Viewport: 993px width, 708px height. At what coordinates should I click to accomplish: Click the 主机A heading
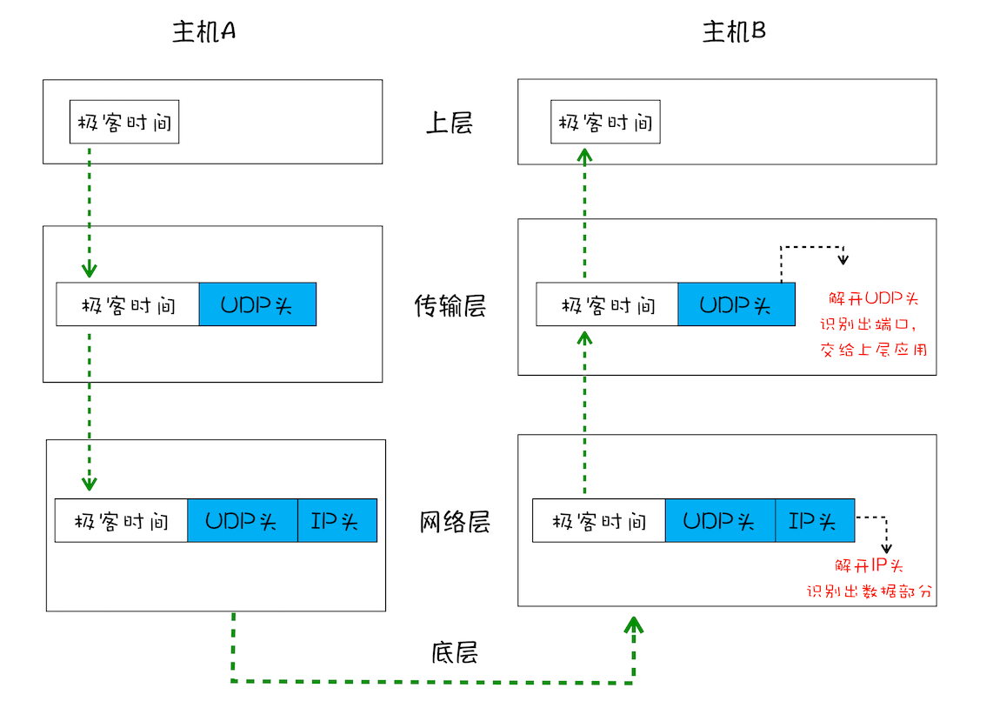[205, 31]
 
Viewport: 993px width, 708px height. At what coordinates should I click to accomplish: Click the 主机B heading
[734, 31]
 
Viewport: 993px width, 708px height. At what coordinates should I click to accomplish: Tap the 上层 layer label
[449, 123]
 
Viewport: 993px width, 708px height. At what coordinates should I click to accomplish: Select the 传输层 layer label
[450, 306]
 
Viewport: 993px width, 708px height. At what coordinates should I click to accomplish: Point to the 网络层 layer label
[455, 522]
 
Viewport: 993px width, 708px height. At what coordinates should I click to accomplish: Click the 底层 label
[454, 652]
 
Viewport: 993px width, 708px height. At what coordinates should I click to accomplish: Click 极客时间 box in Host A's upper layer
[124, 122]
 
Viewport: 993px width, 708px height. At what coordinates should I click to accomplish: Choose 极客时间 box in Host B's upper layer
[605, 122]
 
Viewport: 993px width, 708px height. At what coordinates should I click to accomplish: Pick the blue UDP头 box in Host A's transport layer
[257, 304]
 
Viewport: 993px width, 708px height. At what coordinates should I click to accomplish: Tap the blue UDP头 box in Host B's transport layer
[736, 304]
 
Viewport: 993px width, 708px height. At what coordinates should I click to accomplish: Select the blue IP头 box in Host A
[337, 520]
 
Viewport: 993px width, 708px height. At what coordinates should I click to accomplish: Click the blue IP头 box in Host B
[815, 520]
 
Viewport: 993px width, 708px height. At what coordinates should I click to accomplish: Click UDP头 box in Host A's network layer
[243, 520]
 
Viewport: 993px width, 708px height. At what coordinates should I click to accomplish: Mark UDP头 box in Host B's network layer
[720, 520]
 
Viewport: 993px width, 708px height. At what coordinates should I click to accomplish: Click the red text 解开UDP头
[873, 299]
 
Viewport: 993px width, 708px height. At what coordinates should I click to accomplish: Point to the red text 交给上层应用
[873, 350]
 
